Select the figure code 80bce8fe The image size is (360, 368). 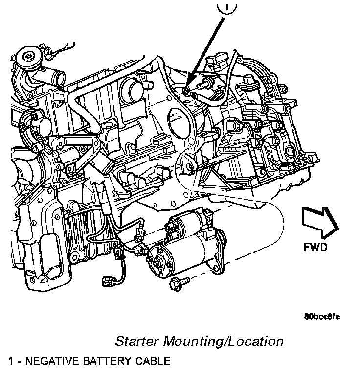coord(321,316)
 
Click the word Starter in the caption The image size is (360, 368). coord(137,341)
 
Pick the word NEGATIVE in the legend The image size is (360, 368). coord(54,361)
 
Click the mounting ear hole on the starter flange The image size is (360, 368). coord(216,266)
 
